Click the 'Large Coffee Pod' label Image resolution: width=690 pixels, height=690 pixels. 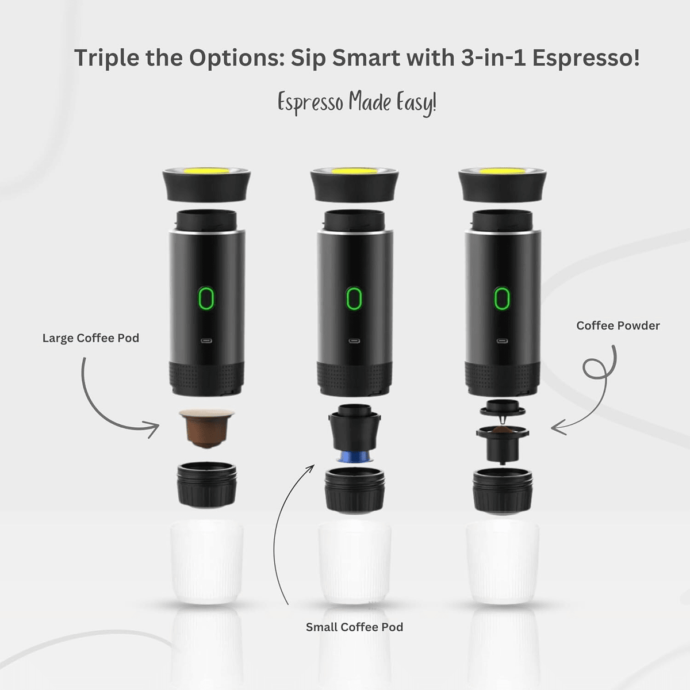click(x=91, y=338)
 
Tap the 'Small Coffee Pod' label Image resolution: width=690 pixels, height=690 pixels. click(x=354, y=627)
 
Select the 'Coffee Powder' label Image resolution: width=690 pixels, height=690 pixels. click(x=618, y=325)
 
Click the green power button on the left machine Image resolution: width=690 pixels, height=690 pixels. click(x=206, y=298)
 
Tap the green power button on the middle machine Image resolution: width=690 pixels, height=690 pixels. click(x=354, y=298)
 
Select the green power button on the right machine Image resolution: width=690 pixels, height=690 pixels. click(x=502, y=298)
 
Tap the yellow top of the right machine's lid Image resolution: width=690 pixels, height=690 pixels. click(x=503, y=171)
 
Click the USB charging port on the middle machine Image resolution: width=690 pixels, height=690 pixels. click(x=354, y=341)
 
